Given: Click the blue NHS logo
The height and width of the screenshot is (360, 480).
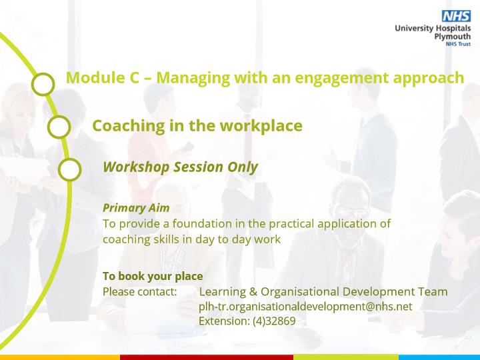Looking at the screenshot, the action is click(456, 16).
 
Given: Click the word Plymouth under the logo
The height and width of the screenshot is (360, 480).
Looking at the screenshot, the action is click(453, 37).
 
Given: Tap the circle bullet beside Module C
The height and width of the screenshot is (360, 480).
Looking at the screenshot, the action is click(43, 84).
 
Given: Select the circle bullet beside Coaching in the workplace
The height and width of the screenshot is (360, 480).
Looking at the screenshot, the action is click(59, 127).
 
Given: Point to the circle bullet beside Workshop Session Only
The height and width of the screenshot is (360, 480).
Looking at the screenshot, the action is click(69, 169).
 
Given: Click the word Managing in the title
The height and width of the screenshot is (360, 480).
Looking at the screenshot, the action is click(193, 79).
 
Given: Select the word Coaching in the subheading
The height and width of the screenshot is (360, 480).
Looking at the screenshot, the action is click(129, 126).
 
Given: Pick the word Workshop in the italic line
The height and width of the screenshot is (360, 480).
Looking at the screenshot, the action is click(136, 167).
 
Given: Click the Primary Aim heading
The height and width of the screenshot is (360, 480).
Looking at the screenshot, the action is click(136, 208).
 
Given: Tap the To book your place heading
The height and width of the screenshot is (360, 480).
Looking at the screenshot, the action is click(153, 276).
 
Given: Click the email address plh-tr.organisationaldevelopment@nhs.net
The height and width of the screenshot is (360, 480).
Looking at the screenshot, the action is click(305, 307).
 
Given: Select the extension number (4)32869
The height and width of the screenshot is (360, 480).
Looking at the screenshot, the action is click(274, 321).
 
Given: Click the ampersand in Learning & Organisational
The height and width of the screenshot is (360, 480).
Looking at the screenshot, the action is click(253, 292).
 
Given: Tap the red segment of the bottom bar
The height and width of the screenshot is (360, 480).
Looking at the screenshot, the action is click(207, 357).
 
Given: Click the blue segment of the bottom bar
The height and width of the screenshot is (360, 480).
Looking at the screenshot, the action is click(439, 357).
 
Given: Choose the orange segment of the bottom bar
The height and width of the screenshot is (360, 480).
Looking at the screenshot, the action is click(60, 357).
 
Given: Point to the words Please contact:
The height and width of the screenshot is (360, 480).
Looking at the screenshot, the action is click(140, 292).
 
